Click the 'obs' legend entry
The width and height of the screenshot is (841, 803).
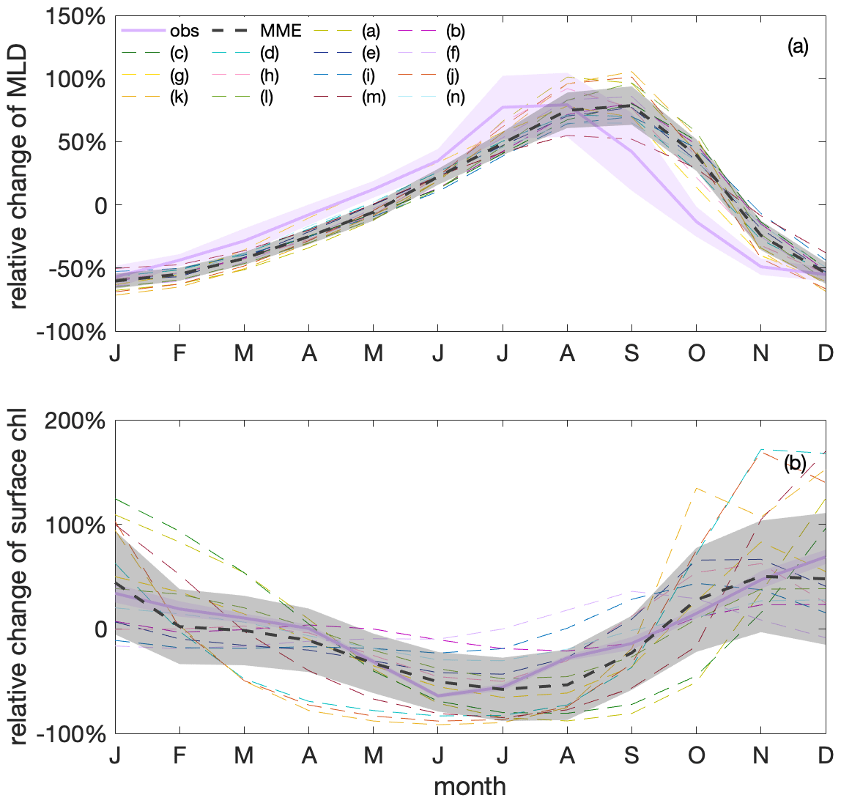(x=184, y=31)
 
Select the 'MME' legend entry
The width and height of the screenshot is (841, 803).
(x=281, y=31)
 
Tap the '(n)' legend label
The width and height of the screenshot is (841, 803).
(x=454, y=97)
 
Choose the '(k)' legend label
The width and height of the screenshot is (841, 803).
(x=179, y=97)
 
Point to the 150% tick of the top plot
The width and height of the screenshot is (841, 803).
(x=75, y=16)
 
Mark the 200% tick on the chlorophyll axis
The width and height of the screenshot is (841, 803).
(x=75, y=422)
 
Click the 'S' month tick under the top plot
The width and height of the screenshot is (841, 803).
(x=631, y=353)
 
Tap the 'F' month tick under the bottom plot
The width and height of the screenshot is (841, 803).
(x=179, y=755)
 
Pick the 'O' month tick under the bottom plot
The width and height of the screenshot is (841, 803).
(x=696, y=755)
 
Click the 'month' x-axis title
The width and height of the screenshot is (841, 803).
(x=470, y=786)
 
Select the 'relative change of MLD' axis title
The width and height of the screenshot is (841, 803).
(x=18, y=175)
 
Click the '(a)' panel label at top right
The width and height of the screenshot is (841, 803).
(x=797, y=48)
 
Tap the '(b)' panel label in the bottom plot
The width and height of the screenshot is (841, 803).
(x=795, y=463)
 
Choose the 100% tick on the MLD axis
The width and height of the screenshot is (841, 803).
(x=75, y=79)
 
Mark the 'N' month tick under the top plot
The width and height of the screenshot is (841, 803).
(x=761, y=353)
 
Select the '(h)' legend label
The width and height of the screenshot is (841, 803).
(x=270, y=75)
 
